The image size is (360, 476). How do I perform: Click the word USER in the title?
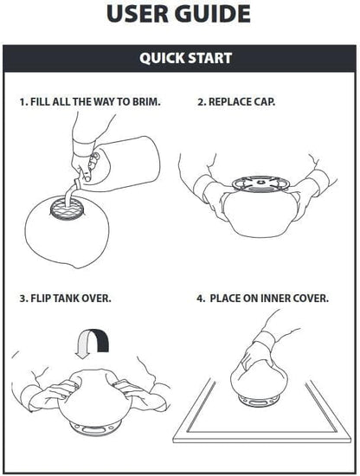coord(138,14)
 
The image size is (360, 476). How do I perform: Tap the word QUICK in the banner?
coord(161,58)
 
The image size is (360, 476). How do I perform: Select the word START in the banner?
coord(209,58)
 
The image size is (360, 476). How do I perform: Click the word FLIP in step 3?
coord(41,298)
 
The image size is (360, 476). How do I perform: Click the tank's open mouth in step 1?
coord(66,208)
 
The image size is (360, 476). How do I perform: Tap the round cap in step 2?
coord(260,184)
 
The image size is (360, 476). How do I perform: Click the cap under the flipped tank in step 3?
coord(94,428)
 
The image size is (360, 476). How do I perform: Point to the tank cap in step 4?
coord(259,401)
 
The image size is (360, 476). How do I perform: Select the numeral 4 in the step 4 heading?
coord(201,298)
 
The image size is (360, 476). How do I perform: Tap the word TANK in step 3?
coord(67,298)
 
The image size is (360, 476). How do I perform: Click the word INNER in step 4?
coord(275,298)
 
